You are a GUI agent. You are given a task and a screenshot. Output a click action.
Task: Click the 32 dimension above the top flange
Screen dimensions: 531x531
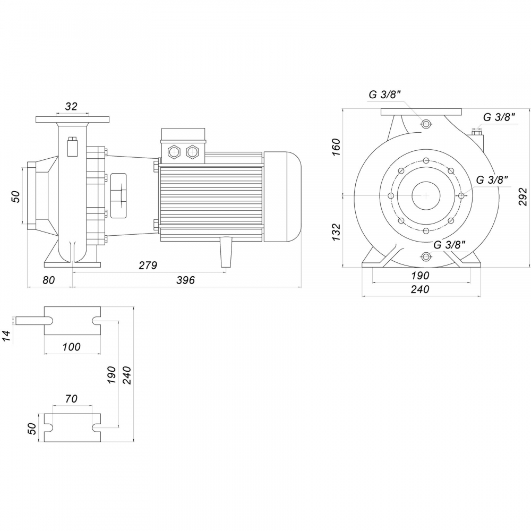(71, 106)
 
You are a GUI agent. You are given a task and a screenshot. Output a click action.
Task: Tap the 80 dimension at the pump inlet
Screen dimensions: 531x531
(49, 280)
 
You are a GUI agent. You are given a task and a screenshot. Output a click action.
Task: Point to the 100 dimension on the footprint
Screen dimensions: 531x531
(71, 347)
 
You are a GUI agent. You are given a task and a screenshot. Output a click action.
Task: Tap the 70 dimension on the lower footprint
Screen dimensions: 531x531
(71, 398)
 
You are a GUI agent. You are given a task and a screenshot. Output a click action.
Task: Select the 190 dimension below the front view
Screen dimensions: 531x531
(419, 276)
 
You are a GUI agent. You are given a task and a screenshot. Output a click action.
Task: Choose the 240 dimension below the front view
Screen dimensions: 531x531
(419, 289)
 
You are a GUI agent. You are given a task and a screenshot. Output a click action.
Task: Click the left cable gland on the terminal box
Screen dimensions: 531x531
(173, 152)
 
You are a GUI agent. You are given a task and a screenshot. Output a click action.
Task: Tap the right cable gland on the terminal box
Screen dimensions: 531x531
(192, 152)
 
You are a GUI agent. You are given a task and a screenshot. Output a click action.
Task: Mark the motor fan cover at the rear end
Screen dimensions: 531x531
(282, 196)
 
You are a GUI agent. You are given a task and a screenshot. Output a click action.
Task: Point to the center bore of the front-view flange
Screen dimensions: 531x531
(426, 195)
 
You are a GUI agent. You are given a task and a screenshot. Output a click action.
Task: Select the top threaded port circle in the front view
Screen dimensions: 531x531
(426, 124)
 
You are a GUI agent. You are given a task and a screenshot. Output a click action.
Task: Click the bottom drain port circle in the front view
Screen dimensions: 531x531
(426, 257)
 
